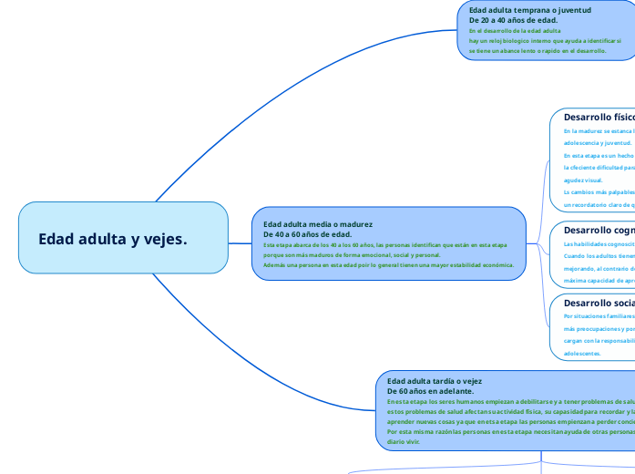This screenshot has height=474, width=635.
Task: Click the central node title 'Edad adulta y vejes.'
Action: tap(113, 239)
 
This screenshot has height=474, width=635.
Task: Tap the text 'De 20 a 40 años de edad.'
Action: tap(513, 20)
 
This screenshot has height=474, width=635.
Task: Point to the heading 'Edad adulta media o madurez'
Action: tap(318, 224)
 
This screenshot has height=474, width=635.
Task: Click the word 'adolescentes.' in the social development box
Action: tap(583, 353)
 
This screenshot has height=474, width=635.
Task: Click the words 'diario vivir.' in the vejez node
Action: tap(405, 440)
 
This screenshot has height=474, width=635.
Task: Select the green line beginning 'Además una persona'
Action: tap(388, 265)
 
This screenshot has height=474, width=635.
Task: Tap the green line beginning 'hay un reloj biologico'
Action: tap(545, 41)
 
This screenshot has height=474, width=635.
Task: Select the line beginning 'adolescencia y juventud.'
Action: tap(598, 143)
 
